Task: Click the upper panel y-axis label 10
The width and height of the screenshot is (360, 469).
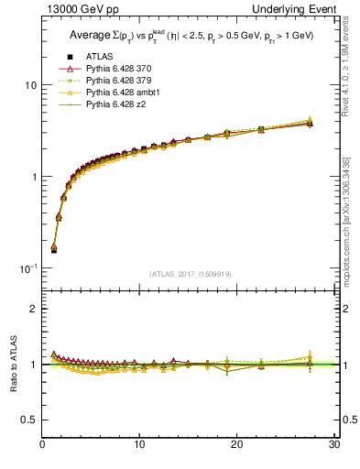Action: [x=28, y=85]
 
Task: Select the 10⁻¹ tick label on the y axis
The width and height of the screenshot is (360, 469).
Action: [x=27, y=267]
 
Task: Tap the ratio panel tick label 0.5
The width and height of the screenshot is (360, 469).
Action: [x=28, y=420]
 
